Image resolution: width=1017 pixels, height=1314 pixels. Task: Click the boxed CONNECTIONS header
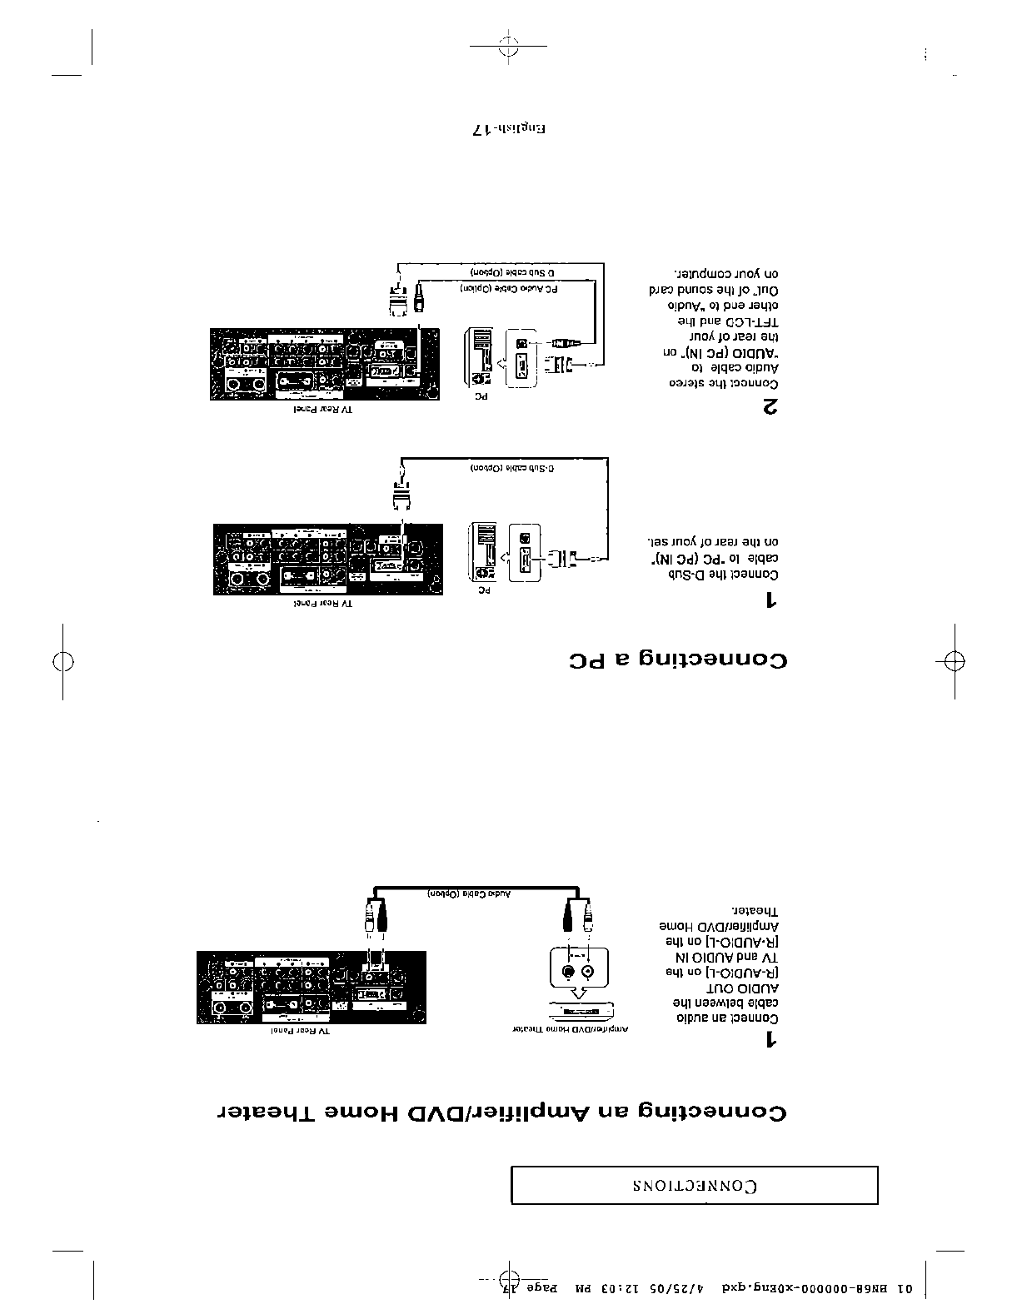tap(694, 1185)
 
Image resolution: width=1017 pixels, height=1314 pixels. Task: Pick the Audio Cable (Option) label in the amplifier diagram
tap(470, 893)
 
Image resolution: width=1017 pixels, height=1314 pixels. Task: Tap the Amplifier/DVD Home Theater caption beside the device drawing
tap(570, 1030)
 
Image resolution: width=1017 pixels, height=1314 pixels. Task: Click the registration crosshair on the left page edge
tap(62, 661)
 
